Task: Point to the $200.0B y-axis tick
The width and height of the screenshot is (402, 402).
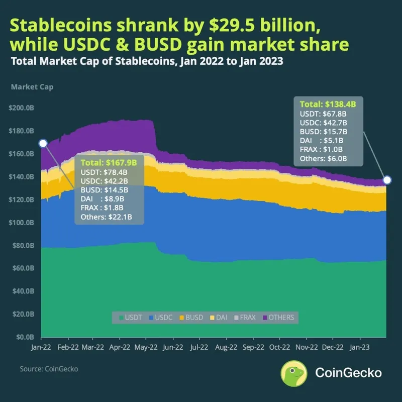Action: [21, 108]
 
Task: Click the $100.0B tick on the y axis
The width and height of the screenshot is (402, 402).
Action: [21, 223]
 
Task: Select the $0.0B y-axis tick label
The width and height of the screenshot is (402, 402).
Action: [23, 337]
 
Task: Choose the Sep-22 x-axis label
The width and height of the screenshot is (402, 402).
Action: [253, 347]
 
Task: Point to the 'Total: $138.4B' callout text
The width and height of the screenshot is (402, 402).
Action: [328, 105]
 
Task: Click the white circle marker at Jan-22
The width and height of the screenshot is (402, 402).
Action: [43, 143]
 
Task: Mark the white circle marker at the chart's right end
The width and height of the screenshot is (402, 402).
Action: [387, 180]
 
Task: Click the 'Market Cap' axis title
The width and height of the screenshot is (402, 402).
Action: [32, 87]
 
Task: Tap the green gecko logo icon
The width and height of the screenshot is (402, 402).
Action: [294, 373]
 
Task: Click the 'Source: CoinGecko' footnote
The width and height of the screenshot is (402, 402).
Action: [49, 369]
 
